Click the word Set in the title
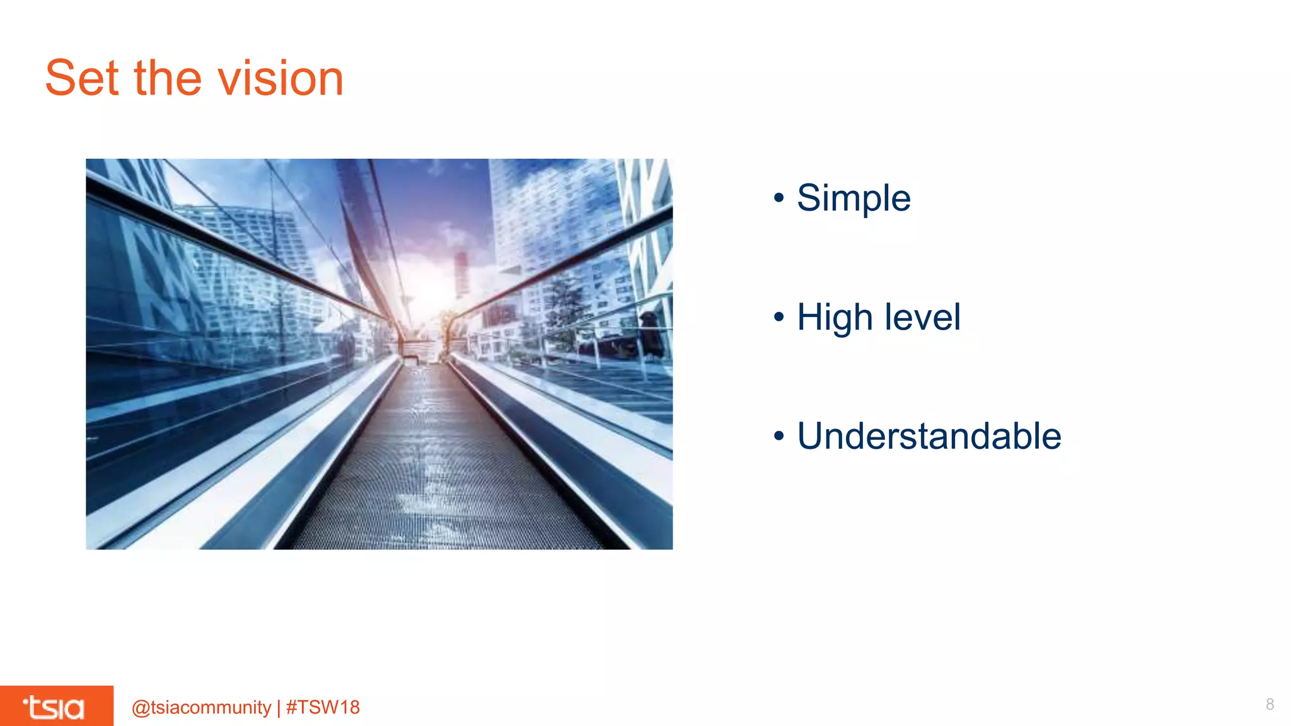[x=82, y=78]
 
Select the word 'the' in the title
[x=168, y=78]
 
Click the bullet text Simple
[x=854, y=199]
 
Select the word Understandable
[x=929, y=436]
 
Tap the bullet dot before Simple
[x=779, y=199]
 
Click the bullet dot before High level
[x=779, y=317]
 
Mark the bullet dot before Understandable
[x=779, y=436]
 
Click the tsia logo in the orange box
[x=54, y=707]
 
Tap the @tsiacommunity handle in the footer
[x=201, y=707]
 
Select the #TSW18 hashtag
[x=323, y=707]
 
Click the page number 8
[x=1270, y=705]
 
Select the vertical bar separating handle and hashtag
[x=279, y=707]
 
